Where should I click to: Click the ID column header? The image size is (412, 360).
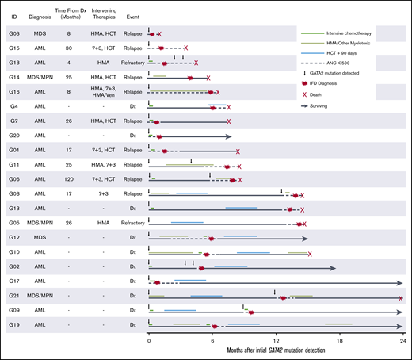(14, 13)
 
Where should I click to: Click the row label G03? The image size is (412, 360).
(14, 35)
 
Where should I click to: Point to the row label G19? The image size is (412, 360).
(14, 325)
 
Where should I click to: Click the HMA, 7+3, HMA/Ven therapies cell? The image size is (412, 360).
(102, 92)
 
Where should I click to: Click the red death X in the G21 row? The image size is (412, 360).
(402, 298)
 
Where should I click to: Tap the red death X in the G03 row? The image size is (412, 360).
(159, 35)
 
